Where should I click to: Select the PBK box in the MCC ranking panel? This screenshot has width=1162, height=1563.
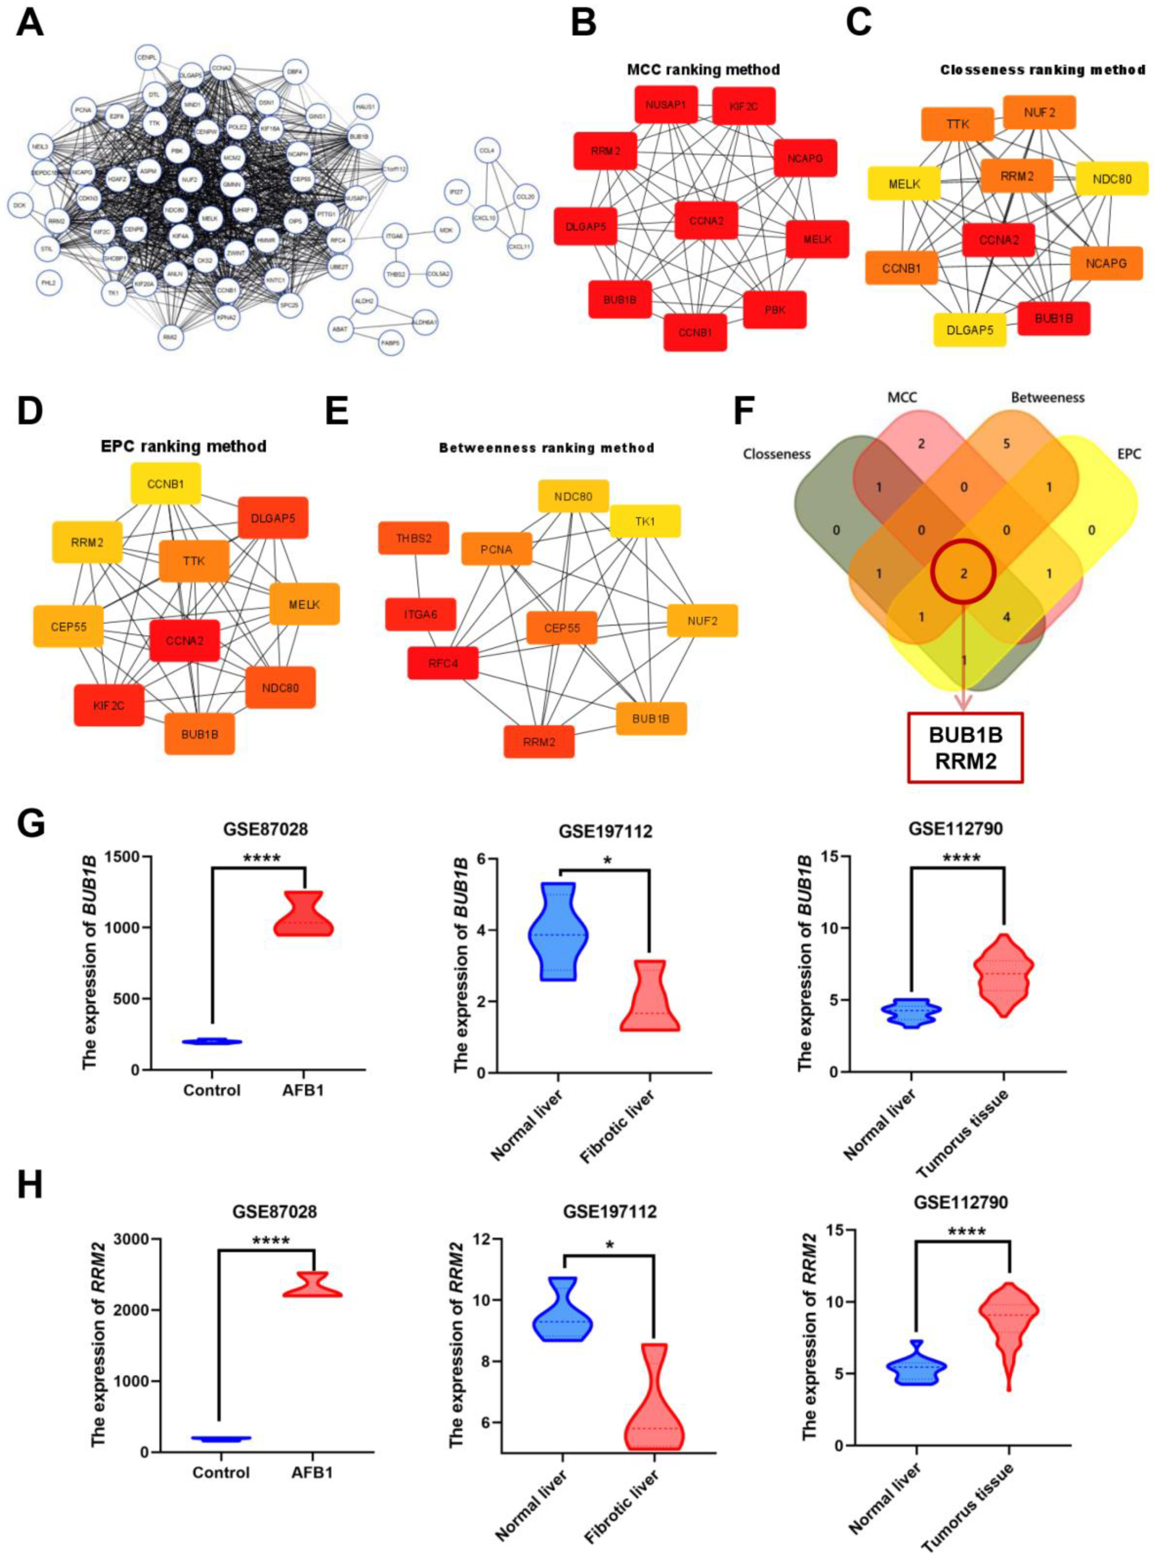774,310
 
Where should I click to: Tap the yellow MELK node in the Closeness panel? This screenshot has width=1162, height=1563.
904,184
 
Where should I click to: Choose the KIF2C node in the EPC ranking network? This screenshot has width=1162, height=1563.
109,705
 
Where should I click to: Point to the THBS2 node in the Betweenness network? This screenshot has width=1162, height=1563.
414,538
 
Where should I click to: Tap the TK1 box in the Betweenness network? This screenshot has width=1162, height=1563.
645,521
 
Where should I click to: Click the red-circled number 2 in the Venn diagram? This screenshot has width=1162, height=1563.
964,573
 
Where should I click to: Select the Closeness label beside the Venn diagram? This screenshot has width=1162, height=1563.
777,455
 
